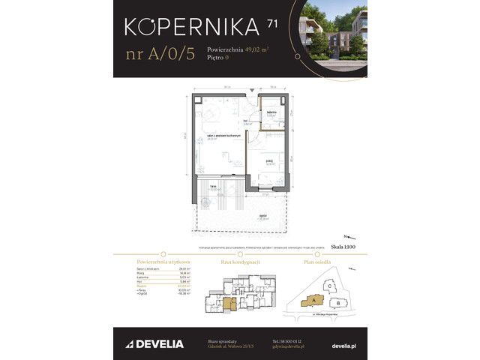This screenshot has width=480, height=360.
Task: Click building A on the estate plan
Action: coord(309,301)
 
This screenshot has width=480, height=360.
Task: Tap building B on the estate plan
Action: coord(339,303)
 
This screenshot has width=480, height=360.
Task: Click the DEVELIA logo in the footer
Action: coord(157,344)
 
